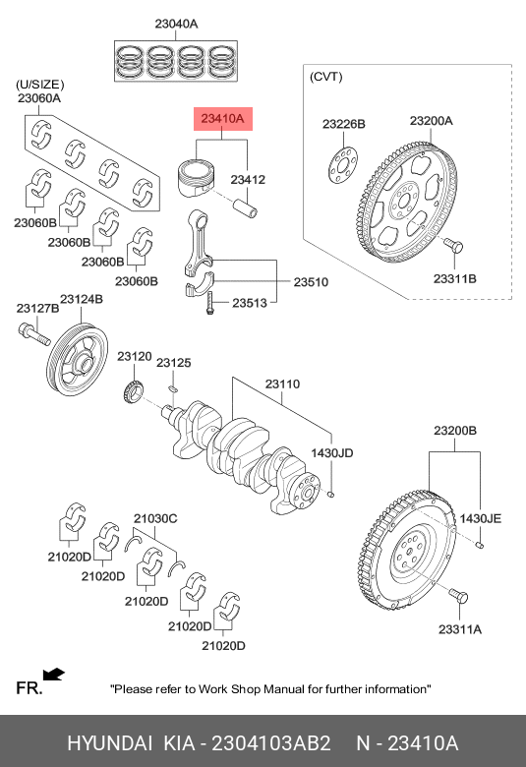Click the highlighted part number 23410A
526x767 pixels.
[222, 118]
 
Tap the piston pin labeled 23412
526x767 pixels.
[246, 208]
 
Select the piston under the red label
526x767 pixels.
[196, 177]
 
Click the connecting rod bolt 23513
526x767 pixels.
[210, 302]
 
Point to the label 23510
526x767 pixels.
[311, 282]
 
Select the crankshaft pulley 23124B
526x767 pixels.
[79, 357]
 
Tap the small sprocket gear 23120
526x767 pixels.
[133, 391]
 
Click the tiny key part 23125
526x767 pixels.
[172, 388]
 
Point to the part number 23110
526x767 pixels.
[282, 383]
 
